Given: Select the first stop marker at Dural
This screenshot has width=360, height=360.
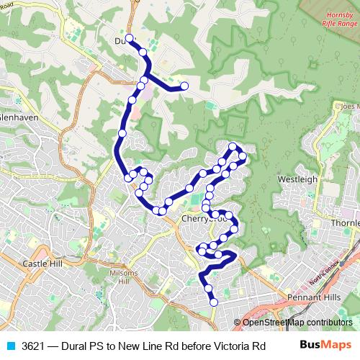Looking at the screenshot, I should [129, 38].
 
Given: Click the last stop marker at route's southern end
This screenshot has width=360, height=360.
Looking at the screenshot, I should [213, 302].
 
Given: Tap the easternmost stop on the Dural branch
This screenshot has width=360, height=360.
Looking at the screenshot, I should [184, 86].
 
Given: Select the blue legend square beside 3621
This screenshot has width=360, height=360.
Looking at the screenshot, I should [10, 346].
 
